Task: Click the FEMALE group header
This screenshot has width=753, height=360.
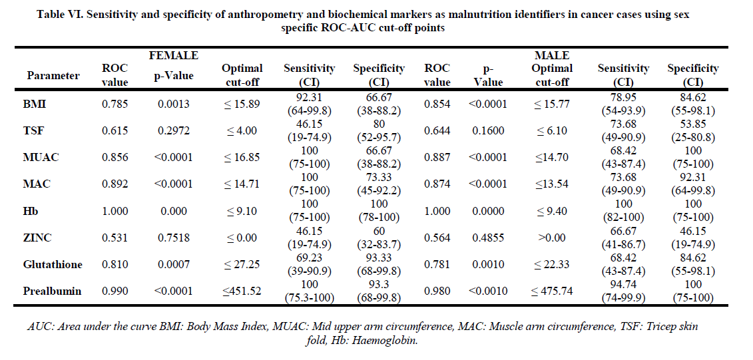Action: (x=173, y=55)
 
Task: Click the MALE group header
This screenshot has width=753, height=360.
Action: (x=552, y=55)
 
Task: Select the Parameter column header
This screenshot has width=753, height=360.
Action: (x=53, y=75)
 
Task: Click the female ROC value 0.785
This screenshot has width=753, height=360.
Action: (x=115, y=104)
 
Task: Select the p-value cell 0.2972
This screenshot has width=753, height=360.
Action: (x=174, y=130)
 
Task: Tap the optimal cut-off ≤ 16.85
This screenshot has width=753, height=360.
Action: (x=242, y=157)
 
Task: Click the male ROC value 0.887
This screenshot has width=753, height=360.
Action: (x=437, y=157)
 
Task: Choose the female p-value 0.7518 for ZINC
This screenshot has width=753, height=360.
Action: (x=174, y=238)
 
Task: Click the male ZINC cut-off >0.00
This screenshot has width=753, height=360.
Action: (x=553, y=238)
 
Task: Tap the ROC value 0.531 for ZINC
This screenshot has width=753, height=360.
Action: (x=115, y=238)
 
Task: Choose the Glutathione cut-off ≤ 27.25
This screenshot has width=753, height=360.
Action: (x=242, y=264)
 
